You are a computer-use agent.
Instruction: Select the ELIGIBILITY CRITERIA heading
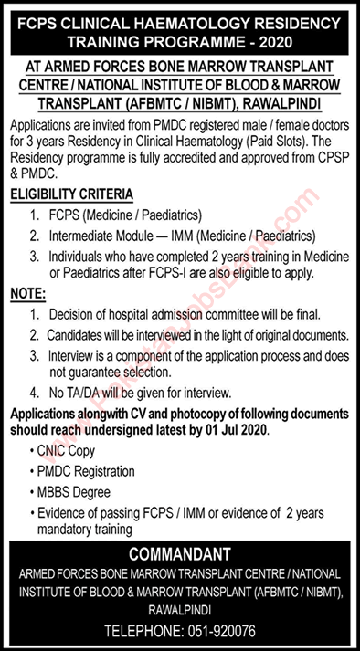click(x=72, y=196)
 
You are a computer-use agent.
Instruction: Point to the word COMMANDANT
click(x=179, y=554)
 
